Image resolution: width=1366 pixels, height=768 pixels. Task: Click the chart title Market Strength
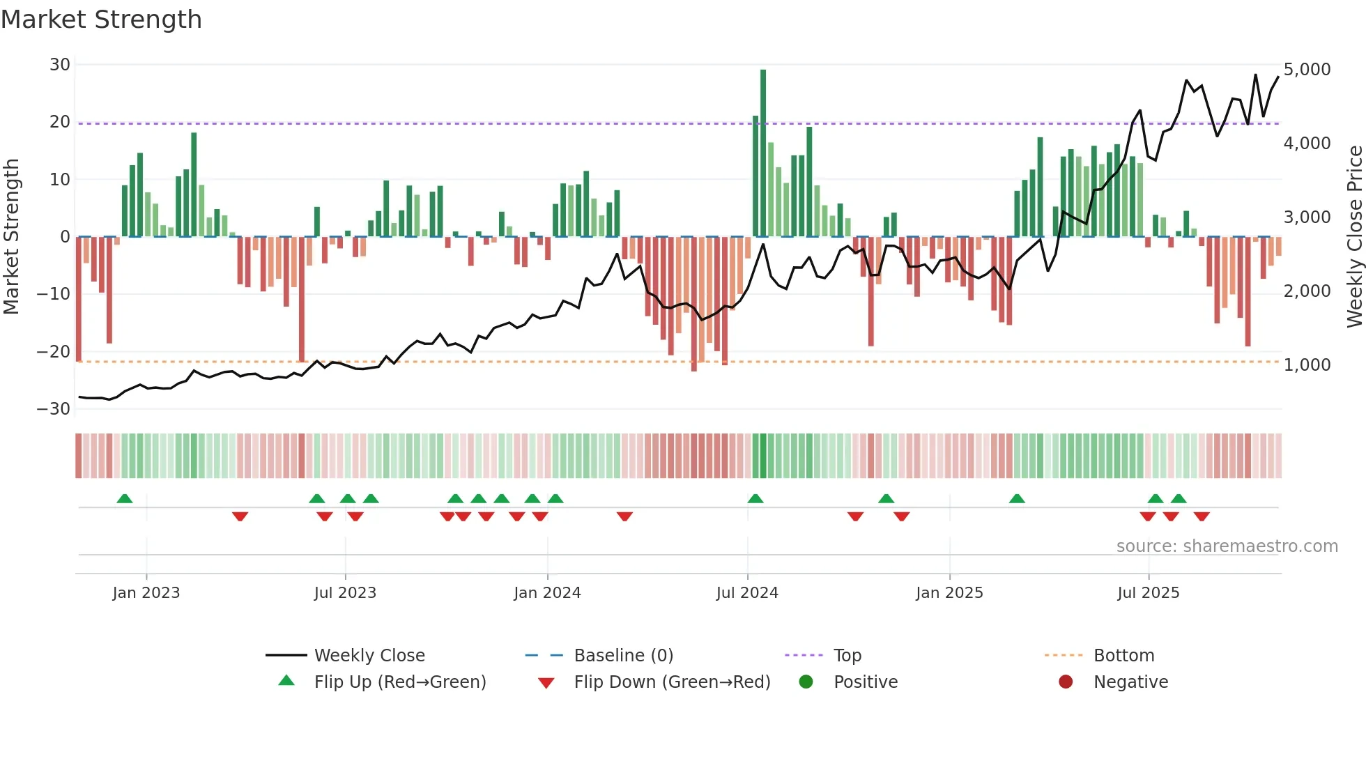(x=101, y=20)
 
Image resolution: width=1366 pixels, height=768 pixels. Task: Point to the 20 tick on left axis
(x=60, y=122)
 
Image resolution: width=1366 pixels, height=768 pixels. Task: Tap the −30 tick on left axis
(x=54, y=409)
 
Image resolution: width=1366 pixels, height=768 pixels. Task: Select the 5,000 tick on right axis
(x=1307, y=70)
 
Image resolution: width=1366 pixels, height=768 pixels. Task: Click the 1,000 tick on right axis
(x=1307, y=365)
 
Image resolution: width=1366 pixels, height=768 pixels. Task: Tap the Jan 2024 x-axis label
(x=547, y=593)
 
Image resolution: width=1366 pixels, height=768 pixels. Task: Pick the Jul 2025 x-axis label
(x=1148, y=593)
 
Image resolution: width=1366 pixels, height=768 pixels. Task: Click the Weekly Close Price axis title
(x=1354, y=237)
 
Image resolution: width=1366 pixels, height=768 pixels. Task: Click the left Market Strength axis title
(x=11, y=237)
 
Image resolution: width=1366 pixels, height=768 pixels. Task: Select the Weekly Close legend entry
(x=369, y=656)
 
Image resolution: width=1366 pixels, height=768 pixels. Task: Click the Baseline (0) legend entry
(x=623, y=656)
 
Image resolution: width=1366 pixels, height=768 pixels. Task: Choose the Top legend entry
(x=847, y=656)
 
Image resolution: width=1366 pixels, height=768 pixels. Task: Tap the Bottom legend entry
(x=1123, y=656)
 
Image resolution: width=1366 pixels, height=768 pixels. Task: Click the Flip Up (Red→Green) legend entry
(x=399, y=682)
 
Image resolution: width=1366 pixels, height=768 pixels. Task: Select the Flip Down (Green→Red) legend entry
(x=672, y=682)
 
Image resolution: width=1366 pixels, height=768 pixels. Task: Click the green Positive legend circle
(x=806, y=682)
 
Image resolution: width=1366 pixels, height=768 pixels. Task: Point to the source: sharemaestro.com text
(x=1227, y=546)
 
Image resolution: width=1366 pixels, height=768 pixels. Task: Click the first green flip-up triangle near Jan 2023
(x=125, y=499)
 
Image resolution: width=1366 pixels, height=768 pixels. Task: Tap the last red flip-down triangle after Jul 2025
(x=1202, y=516)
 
